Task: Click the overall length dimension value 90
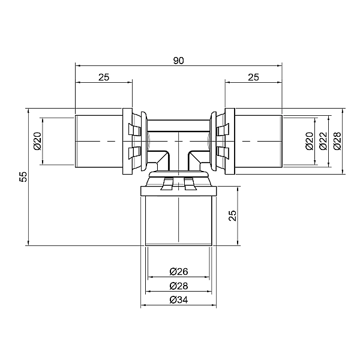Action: tap(178, 61)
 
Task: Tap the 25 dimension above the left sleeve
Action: tap(104, 77)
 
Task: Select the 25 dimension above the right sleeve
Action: tap(253, 77)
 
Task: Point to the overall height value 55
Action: tap(23, 176)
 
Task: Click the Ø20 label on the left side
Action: tap(38, 141)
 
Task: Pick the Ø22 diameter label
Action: tap(323, 141)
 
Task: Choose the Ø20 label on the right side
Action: tap(309, 141)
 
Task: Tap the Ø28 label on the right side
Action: tap(337, 141)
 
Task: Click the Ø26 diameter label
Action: tap(179, 272)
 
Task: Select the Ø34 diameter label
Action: tap(179, 300)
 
